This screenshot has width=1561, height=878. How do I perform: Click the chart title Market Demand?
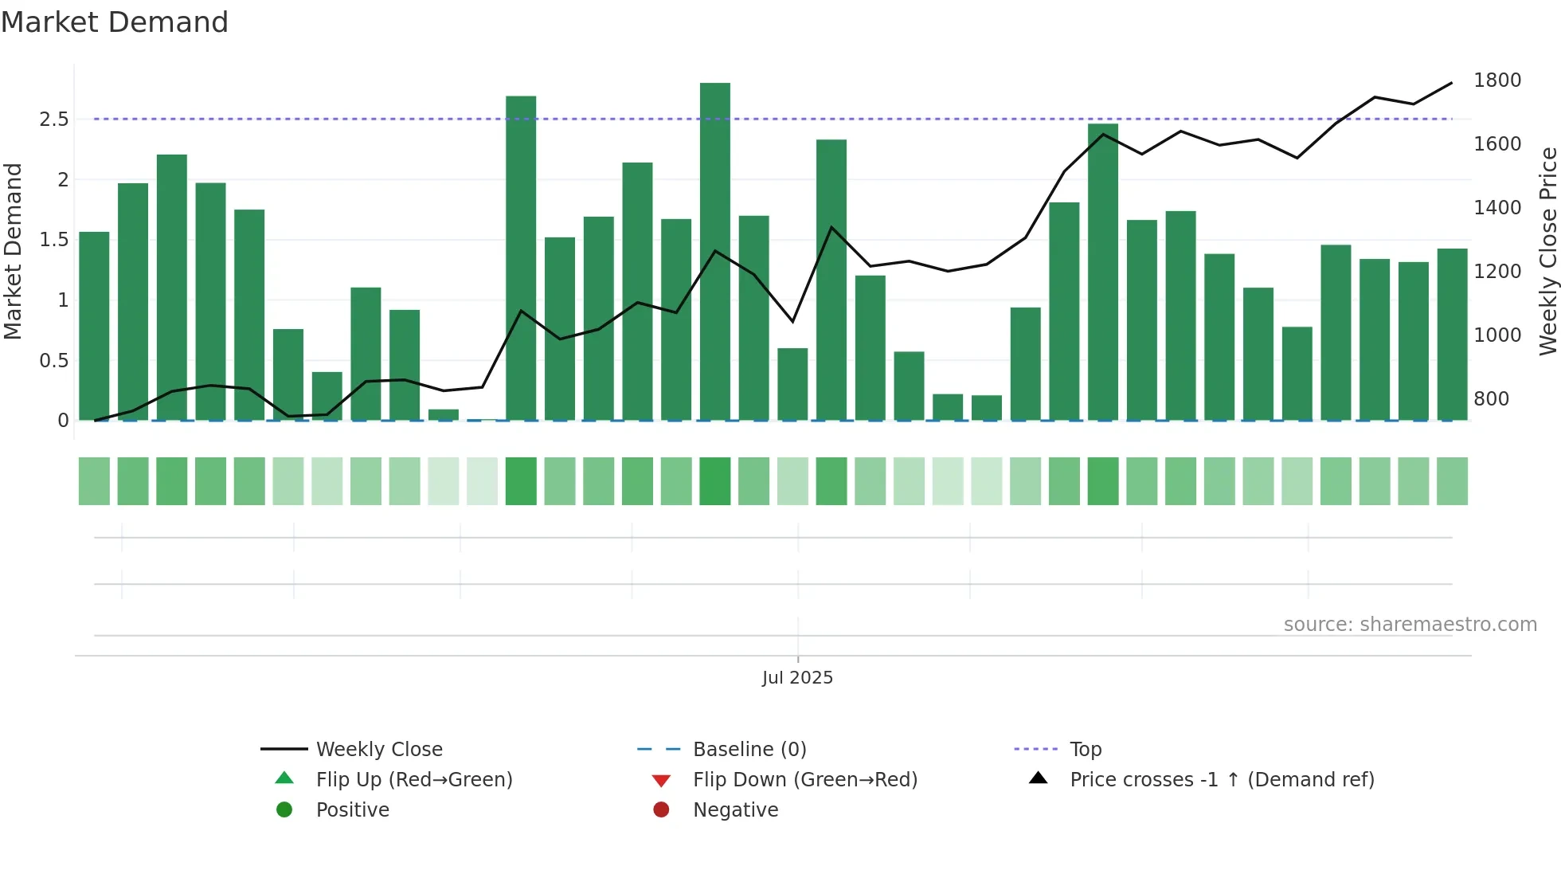point(115,22)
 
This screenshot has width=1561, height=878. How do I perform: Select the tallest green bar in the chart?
point(714,251)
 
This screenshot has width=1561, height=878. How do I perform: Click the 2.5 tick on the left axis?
point(54,120)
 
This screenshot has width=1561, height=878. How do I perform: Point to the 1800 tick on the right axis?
point(1496,80)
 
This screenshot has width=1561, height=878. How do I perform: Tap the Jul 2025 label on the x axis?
point(797,678)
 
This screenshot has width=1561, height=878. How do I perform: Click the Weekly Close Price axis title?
point(1547,251)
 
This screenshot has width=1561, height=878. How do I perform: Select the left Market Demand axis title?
point(13,251)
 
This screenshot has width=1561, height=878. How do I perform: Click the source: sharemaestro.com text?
point(1410,625)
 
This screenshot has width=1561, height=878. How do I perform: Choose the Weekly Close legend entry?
point(379,750)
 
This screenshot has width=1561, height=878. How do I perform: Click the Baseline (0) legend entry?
point(749,750)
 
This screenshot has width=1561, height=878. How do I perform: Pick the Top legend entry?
point(1085,750)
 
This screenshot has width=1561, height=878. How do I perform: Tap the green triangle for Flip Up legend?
point(284,778)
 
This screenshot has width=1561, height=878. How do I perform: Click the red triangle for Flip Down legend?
point(661,781)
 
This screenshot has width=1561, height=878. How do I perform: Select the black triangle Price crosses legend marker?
point(1038,778)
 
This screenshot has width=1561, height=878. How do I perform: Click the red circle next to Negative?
point(661,810)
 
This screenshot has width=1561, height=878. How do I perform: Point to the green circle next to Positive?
point(284,810)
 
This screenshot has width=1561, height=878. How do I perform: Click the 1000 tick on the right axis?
point(1496,335)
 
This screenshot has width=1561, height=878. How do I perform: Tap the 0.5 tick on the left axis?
point(54,361)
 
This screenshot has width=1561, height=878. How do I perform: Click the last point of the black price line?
point(1451,83)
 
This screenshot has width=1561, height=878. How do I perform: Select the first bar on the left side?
point(94,327)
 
